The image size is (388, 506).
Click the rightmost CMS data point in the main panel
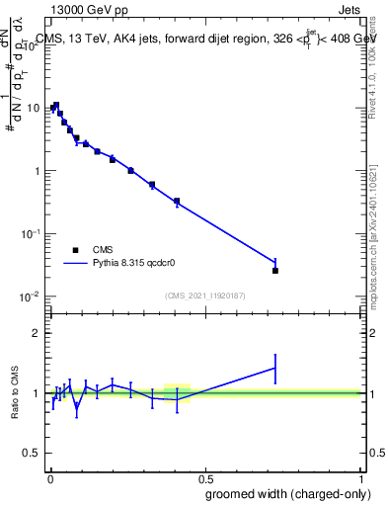275,270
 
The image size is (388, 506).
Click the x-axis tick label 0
49,477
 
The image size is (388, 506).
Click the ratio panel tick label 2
38,333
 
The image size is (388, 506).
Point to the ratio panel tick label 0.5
33,454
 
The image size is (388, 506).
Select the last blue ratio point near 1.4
275,368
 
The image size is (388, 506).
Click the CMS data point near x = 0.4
177,202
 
